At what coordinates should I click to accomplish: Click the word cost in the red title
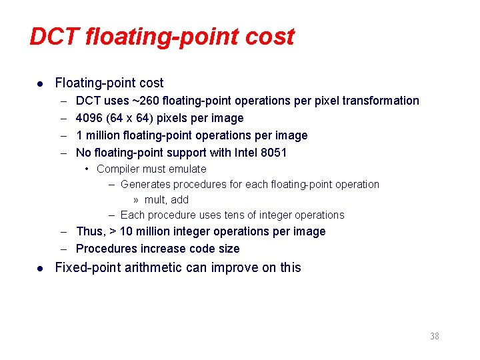click(x=270, y=37)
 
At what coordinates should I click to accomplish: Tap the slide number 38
click(x=435, y=336)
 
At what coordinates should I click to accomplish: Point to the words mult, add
click(x=167, y=200)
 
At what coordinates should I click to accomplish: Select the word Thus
click(x=90, y=232)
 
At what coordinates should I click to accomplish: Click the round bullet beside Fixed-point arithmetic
click(x=41, y=268)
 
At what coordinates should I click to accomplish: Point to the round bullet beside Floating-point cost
click(x=41, y=84)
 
